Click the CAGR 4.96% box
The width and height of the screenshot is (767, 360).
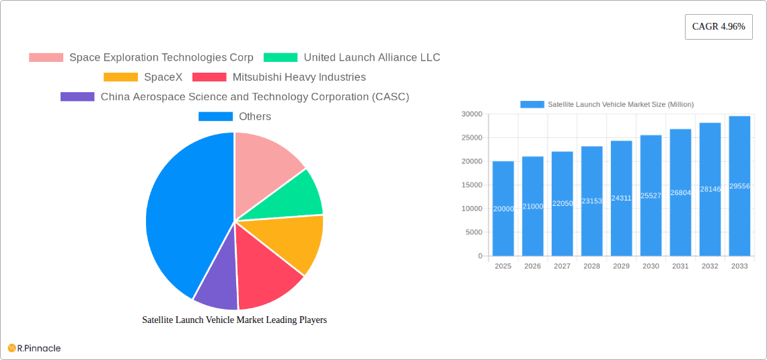719,27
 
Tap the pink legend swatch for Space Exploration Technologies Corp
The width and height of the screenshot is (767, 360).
46,58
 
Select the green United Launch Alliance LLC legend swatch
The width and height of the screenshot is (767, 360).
280,58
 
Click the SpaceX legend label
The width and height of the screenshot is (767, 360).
163,77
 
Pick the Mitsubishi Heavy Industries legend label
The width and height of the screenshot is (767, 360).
299,77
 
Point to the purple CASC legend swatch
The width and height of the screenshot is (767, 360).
77,97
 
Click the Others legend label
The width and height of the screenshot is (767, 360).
254,116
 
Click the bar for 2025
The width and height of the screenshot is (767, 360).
503,209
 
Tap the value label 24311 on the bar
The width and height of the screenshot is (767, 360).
621,199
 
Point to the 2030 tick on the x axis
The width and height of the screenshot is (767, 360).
651,266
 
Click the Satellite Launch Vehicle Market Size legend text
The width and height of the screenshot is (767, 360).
620,104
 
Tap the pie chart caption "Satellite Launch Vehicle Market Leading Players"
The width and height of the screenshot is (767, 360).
234,320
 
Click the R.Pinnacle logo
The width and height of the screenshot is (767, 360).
34,348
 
